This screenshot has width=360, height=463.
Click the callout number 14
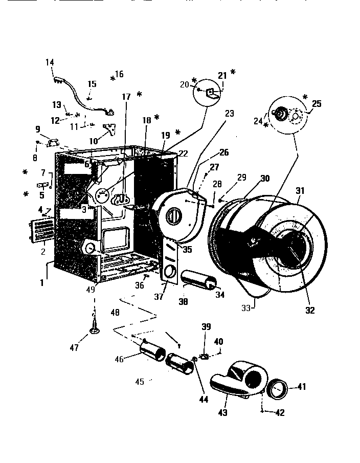(x=50, y=62)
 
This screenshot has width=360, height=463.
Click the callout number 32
(x=310, y=310)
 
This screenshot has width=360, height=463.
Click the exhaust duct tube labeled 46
(x=153, y=352)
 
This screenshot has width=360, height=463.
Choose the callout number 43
(x=223, y=412)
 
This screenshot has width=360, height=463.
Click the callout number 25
(x=317, y=104)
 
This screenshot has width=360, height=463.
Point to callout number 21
(x=222, y=76)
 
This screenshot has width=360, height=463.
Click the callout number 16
(x=119, y=74)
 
